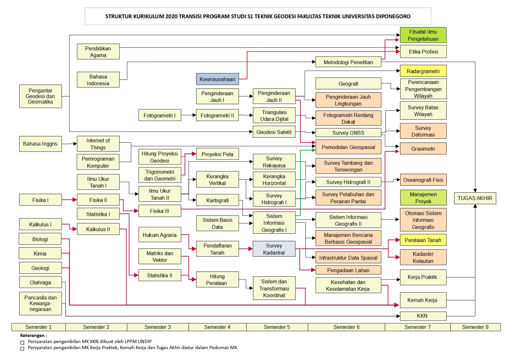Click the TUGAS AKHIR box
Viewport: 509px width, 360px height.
pyautogui.click(x=475, y=198)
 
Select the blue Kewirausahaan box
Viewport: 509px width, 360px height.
pyautogui.click(x=217, y=79)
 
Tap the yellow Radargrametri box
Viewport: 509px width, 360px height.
pyautogui.click(x=423, y=71)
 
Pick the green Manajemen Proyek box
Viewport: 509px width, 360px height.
pyautogui.click(x=423, y=198)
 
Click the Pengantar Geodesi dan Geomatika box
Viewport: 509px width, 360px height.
pyautogui.click(x=40, y=96)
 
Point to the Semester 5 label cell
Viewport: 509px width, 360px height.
pyautogui.click(x=277, y=327)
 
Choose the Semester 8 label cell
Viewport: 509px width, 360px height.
pyautogui.click(x=475, y=327)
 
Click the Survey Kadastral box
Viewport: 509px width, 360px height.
pyautogui.click(x=274, y=249)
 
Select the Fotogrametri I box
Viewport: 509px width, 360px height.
pyautogui.click(x=160, y=115)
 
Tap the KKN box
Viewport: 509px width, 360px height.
pyautogui.click(x=423, y=316)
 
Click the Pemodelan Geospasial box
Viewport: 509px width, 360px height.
pyautogui.click(x=348, y=147)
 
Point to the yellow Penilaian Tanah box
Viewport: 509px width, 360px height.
pyautogui.click(x=423, y=240)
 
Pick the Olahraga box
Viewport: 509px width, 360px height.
pyautogui.click(x=40, y=282)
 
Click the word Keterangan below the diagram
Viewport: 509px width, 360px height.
pyautogui.click(x=33, y=336)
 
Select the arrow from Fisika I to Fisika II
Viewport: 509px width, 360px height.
pyautogui.click(x=69, y=200)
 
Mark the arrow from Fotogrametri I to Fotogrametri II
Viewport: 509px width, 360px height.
pyautogui.click(x=188, y=115)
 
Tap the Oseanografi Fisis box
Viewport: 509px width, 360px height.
pyautogui.click(x=423, y=180)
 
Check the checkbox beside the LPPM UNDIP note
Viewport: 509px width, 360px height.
pyautogui.click(x=22, y=342)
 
